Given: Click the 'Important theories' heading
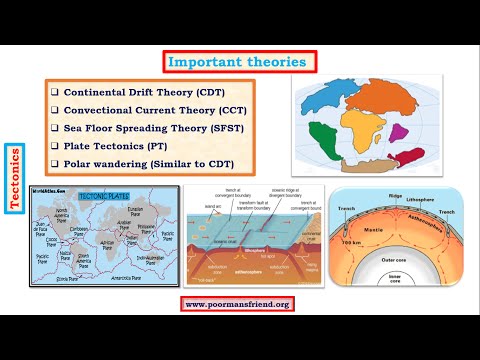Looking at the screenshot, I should [x=237, y=62].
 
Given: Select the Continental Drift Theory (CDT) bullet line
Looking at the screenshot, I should [x=142, y=91].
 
